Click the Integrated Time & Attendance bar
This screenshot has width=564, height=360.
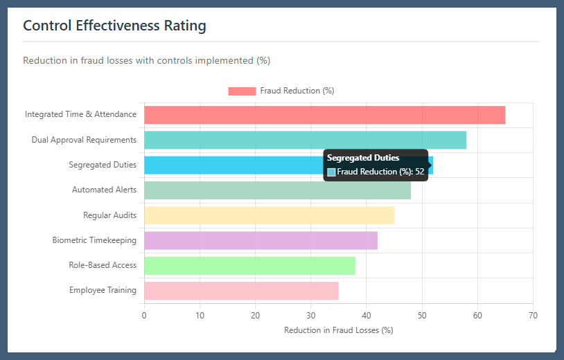324,115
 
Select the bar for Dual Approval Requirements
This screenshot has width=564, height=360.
305,140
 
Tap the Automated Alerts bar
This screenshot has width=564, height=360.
277,190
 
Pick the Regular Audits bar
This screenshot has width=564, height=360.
269,215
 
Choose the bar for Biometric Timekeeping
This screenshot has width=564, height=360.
261,240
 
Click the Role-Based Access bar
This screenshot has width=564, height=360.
249,265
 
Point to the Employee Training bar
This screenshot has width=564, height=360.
241,290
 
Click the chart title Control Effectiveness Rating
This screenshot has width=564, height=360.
114,26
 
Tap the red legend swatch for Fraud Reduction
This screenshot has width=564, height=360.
242,91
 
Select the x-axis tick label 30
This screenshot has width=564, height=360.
311,316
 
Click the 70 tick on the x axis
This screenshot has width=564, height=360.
533,316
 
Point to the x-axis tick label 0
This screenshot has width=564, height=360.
144,316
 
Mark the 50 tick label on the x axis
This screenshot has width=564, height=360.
422,316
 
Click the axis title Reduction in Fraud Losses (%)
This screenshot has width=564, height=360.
338,330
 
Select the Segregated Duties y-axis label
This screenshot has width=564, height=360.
103,165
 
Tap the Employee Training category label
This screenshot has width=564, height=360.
103,290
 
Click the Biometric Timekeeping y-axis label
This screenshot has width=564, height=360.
94,240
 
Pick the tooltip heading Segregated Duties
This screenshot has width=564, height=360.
363,158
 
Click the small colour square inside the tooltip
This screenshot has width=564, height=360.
331,172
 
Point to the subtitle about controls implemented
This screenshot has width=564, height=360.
146,60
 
